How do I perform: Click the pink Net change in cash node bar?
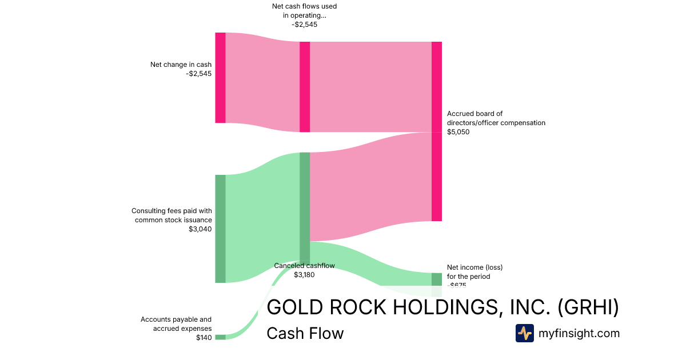pyautogui.click(x=220, y=78)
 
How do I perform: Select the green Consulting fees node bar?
pyautogui.click(x=220, y=229)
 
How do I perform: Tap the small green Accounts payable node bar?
pyautogui.click(x=220, y=337)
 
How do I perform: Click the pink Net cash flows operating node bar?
pyautogui.click(x=305, y=87)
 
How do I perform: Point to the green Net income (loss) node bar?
pyautogui.click(x=437, y=279)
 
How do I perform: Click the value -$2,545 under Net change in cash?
pyautogui.click(x=198, y=74)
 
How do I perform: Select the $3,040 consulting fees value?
pyautogui.click(x=200, y=229)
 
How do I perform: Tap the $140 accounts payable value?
pyautogui.click(x=204, y=338)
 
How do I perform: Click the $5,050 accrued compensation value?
pyautogui.click(x=458, y=132)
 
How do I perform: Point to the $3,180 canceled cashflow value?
pyautogui.click(x=304, y=275)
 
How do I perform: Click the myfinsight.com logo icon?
pyautogui.click(x=524, y=333)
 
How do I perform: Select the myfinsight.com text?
pyautogui.click(x=579, y=333)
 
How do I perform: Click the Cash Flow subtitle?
pyautogui.click(x=305, y=333)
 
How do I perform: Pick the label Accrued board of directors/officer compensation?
pyautogui.click(x=496, y=118)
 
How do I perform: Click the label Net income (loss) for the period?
pyautogui.click(x=474, y=271)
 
